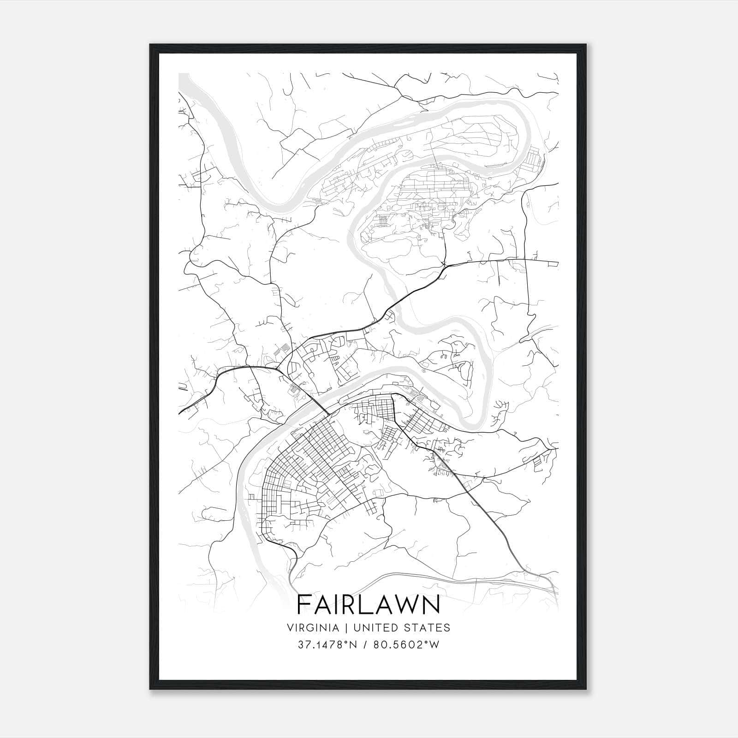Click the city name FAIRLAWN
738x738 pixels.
click(369, 605)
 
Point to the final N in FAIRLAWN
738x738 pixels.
click(432, 605)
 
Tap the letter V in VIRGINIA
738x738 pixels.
click(290, 627)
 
